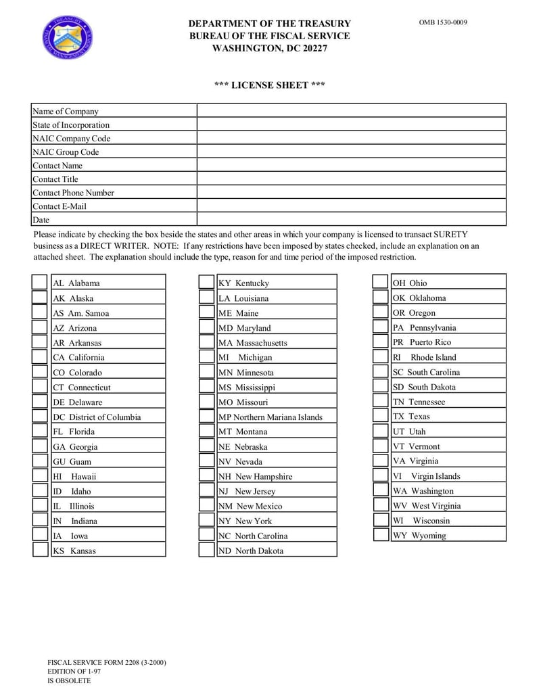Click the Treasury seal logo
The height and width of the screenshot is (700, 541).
coord(68,37)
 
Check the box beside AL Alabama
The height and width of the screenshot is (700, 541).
coord(40,283)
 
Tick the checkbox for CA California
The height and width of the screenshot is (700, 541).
coord(40,357)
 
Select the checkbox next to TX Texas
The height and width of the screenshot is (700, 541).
coord(380,417)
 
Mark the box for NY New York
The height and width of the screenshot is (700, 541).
coord(206,521)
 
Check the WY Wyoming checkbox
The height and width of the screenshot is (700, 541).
coord(380,535)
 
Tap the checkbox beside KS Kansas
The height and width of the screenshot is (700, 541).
coord(40,550)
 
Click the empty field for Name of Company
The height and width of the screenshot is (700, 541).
coord(351,111)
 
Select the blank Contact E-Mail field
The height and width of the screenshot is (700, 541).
coord(351,206)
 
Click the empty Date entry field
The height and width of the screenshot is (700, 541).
coord(351,219)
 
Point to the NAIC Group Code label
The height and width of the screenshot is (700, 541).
coord(66,152)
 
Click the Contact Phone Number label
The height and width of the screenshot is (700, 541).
coord(73,193)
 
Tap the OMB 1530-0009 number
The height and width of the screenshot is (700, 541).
coord(443,22)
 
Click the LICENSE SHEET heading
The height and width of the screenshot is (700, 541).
coord(269,85)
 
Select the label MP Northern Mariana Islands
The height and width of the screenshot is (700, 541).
coord(270,417)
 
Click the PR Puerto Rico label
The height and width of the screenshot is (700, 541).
coord(421,342)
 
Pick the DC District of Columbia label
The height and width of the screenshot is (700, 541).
coord(97,417)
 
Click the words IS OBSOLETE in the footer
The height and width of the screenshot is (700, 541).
coord(69,681)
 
